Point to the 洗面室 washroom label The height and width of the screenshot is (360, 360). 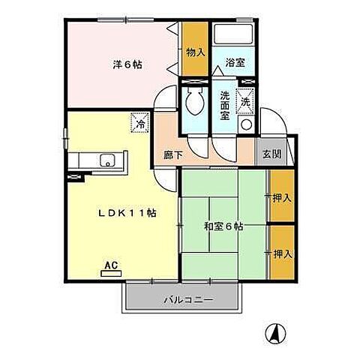click(x=225, y=100)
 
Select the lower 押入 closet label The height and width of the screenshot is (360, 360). click(x=282, y=253)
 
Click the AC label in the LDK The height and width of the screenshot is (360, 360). click(x=110, y=265)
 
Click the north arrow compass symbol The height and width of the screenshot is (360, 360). click(x=276, y=331)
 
